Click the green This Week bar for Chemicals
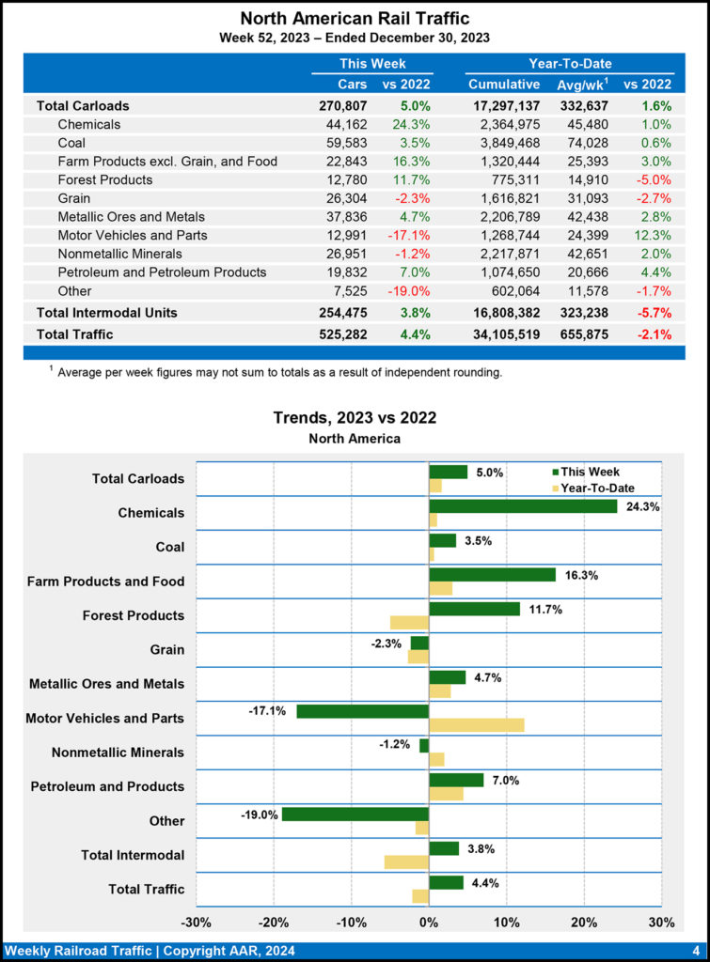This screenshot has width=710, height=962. click(x=523, y=506)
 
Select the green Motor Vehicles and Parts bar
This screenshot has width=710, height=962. click(x=362, y=711)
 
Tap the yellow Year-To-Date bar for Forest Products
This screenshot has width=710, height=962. click(x=409, y=622)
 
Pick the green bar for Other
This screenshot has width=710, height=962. click(x=355, y=814)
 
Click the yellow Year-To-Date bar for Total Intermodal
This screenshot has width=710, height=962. click(x=406, y=861)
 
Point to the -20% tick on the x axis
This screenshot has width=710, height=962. click(x=274, y=922)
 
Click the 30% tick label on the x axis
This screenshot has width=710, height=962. click(x=661, y=922)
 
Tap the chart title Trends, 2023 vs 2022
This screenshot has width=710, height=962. click(x=355, y=417)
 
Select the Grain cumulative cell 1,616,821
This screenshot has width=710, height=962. click(x=504, y=198)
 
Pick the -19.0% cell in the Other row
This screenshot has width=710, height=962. click(x=409, y=290)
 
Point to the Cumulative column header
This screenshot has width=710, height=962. click(x=504, y=85)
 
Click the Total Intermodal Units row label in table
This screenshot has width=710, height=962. click(x=106, y=312)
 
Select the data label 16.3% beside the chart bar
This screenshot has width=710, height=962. click(x=575, y=575)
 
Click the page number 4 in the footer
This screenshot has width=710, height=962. click(x=695, y=951)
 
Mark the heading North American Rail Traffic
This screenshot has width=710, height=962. click(x=355, y=18)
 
